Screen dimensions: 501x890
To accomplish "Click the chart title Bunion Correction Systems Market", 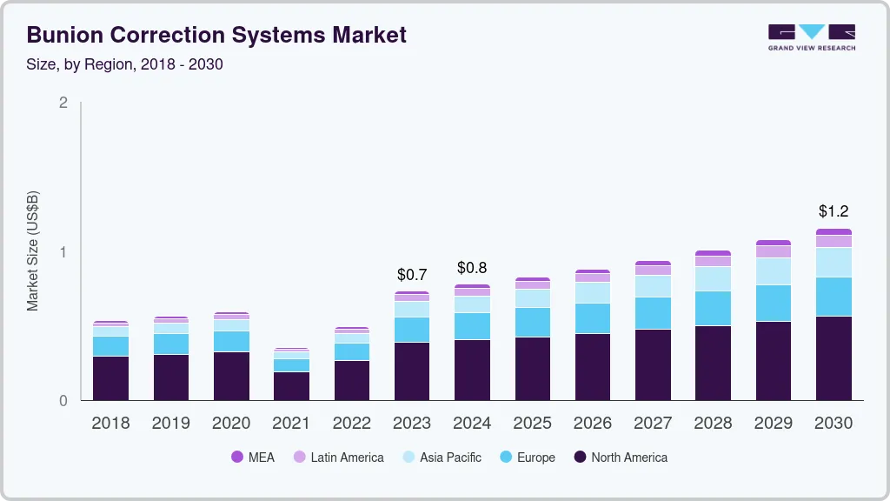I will click(x=216, y=35).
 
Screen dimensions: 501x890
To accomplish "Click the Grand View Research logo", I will click(x=811, y=37).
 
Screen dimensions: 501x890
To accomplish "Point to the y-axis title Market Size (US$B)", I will click(x=32, y=251).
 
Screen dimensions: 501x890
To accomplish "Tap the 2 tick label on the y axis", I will click(x=63, y=103).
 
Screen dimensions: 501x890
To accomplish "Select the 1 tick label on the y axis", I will click(x=63, y=252).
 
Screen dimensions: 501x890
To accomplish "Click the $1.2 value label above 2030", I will click(x=834, y=211).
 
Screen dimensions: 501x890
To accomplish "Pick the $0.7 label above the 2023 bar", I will click(x=412, y=275).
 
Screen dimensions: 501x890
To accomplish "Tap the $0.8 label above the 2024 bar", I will click(x=472, y=268).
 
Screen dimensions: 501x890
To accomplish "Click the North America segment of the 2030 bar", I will click(x=834, y=358).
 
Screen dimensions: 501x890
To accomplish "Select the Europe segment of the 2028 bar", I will click(x=713, y=308).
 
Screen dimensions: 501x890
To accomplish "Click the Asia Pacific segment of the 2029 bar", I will click(x=774, y=271).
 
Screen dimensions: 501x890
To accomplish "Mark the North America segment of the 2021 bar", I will click(x=291, y=386).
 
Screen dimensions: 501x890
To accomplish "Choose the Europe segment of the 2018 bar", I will click(x=110, y=346).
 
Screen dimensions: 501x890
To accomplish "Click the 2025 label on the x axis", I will click(x=532, y=423).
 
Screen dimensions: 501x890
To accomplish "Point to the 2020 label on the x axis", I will click(x=231, y=423).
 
